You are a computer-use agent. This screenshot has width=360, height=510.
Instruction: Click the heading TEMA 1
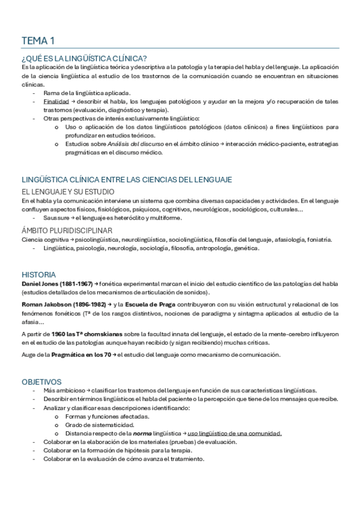(38, 41)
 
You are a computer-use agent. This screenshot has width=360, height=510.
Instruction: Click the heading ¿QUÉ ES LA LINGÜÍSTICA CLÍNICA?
(84, 58)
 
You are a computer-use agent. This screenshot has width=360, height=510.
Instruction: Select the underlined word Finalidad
(55, 102)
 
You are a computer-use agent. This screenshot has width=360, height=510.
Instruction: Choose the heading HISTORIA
(38, 274)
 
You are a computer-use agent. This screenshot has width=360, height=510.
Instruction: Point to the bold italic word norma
(142, 433)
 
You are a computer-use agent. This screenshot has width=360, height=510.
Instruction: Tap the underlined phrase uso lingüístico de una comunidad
(234, 433)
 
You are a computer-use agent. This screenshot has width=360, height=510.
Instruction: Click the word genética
(246, 248)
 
